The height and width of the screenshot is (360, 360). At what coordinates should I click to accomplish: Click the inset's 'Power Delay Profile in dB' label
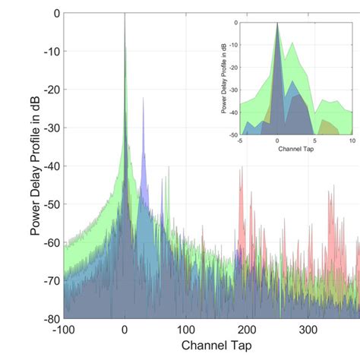(224, 79)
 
